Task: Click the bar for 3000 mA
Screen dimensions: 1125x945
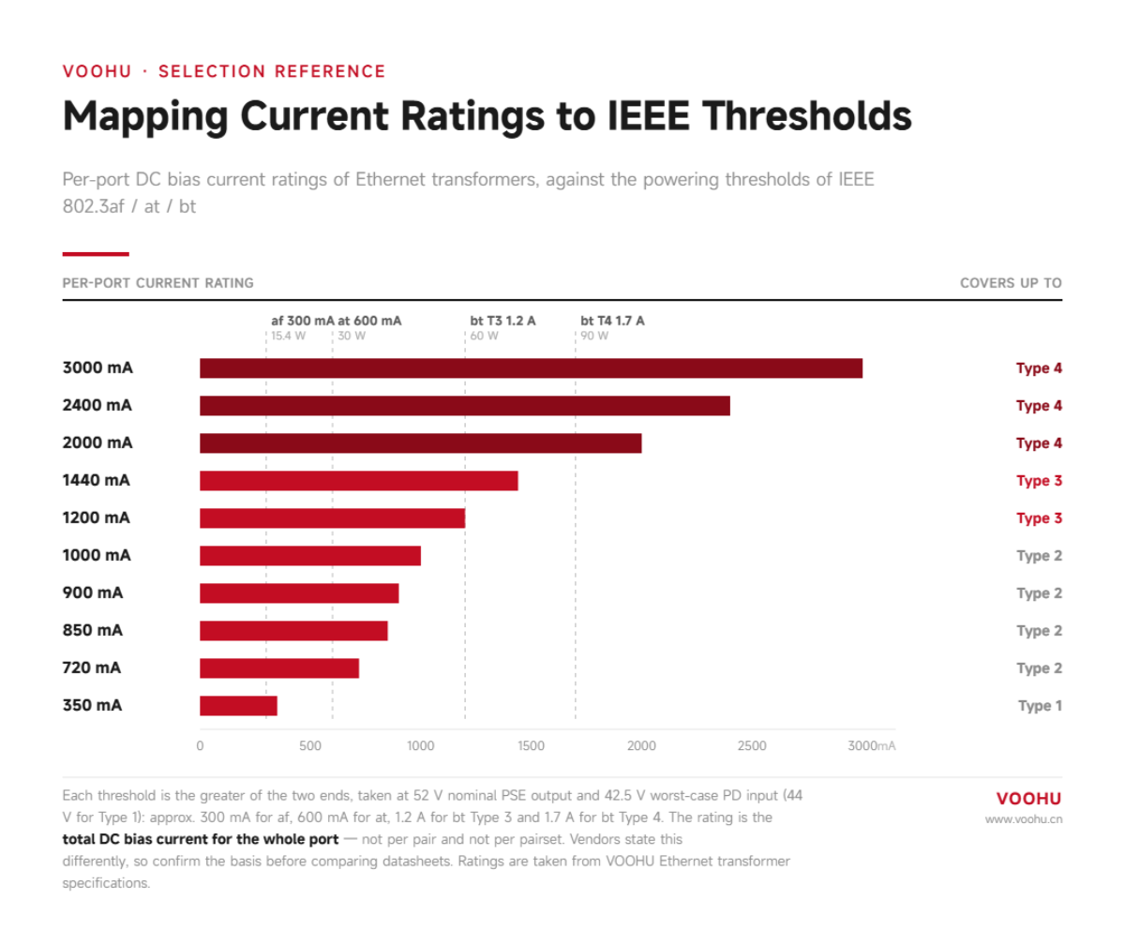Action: (x=531, y=368)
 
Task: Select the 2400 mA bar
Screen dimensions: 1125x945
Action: (x=465, y=406)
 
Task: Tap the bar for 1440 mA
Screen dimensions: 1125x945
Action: (x=359, y=481)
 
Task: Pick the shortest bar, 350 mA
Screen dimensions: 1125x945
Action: (x=239, y=706)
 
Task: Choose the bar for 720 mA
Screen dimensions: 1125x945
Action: (x=279, y=668)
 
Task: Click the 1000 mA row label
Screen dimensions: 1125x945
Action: (x=97, y=556)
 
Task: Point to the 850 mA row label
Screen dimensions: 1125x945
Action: (x=93, y=630)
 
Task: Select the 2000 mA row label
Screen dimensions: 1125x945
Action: (x=97, y=442)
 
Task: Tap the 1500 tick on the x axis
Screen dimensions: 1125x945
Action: (x=532, y=745)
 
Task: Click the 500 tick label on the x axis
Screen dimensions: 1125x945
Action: (x=310, y=745)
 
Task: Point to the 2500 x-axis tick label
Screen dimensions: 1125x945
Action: (x=752, y=745)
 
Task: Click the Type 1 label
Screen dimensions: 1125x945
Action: (x=1040, y=706)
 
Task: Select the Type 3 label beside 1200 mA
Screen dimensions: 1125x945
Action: (x=1040, y=518)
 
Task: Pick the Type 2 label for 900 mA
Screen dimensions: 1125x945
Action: (x=1040, y=593)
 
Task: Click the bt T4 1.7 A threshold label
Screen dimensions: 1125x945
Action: (x=612, y=322)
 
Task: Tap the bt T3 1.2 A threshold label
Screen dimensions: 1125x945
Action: (x=502, y=322)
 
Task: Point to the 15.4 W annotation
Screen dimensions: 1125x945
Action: (x=288, y=337)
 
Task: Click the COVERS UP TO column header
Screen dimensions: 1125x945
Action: (x=1011, y=283)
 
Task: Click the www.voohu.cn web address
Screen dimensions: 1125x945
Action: (x=1024, y=819)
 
